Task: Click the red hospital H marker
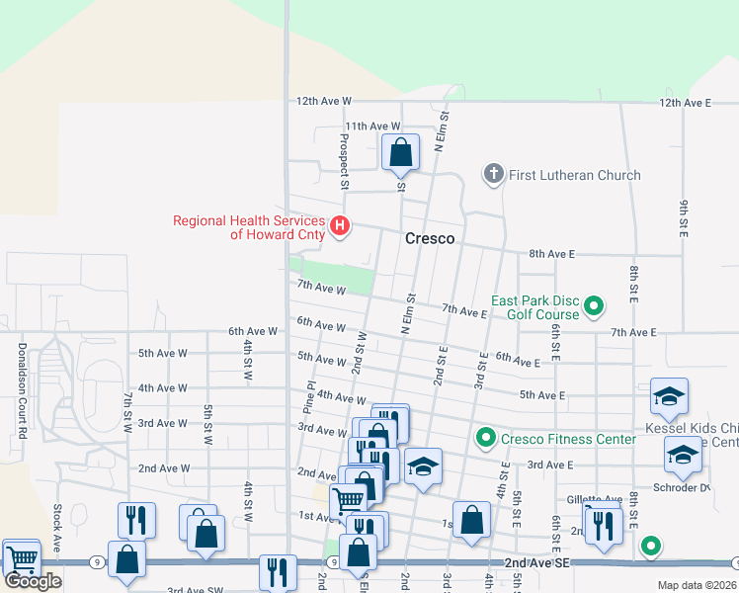click(340, 226)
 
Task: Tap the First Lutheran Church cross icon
click(493, 175)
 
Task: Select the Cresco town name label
click(430, 239)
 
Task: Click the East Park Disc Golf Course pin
click(594, 306)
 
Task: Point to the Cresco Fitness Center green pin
click(485, 437)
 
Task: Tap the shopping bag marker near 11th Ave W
click(400, 153)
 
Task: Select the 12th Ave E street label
click(685, 103)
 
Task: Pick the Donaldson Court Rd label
click(20, 390)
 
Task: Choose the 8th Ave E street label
click(551, 254)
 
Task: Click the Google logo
click(33, 581)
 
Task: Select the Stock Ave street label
click(57, 529)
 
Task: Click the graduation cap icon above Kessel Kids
click(669, 397)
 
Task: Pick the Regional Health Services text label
click(250, 227)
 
